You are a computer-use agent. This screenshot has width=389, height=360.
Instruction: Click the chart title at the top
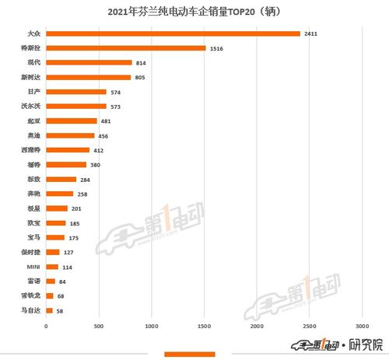(194, 12)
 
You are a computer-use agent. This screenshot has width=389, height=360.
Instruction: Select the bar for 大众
(173, 33)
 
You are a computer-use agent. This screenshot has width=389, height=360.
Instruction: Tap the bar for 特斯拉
(126, 48)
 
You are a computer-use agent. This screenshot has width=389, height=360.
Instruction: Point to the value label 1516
(218, 48)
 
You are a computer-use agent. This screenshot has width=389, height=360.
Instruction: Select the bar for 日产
(76, 92)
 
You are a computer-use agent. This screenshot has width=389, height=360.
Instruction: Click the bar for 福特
(66, 165)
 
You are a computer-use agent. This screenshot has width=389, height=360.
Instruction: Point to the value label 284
(86, 180)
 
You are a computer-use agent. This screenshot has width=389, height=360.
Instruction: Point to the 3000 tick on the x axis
(362, 326)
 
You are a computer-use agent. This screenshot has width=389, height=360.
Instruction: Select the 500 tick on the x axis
(99, 326)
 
